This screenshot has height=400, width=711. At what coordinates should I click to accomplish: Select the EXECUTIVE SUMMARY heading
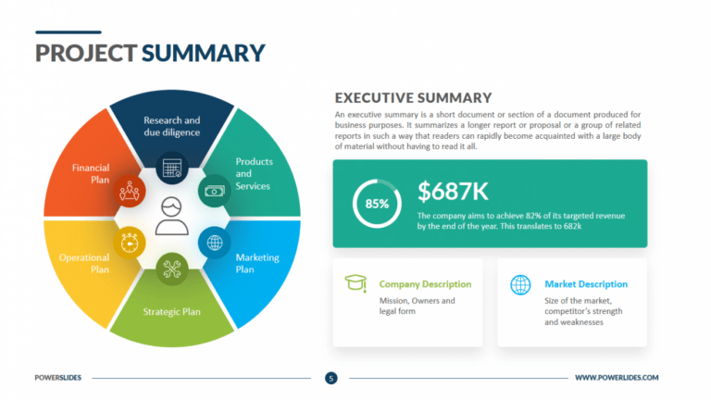(413, 97)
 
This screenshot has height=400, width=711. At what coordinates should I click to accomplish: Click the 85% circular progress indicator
(377, 204)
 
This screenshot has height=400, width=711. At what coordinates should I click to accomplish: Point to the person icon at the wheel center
(170, 217)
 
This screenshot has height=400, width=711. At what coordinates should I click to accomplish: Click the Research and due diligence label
(171, 127)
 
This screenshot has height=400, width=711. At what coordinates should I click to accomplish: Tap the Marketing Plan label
(256, 263)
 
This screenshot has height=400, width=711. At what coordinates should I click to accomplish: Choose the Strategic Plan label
(171, 311)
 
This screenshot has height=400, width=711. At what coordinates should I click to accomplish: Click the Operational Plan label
(84, 263)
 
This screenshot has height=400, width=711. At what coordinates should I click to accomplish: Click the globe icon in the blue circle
(215, 243)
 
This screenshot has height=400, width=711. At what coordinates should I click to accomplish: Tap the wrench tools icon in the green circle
(171, 269)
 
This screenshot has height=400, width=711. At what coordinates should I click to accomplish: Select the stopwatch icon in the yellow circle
(128, 243)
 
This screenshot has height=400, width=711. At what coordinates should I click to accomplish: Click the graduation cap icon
(355, 283)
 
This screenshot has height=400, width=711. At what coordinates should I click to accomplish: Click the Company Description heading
(425, 284)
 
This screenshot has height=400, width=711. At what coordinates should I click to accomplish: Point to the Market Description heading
(586, 284)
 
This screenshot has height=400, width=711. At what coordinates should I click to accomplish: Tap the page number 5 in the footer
(331, 378)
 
